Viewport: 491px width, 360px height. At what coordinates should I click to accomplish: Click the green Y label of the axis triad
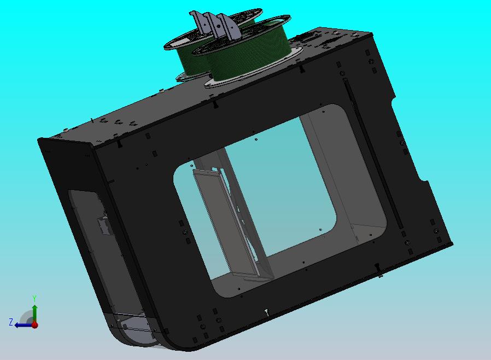coord(34,298)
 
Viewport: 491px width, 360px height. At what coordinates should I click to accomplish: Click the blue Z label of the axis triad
coord(11,322)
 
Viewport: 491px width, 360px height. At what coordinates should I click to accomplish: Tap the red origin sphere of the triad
coord(34,324)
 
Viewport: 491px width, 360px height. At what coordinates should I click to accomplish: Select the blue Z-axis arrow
coord(22,324)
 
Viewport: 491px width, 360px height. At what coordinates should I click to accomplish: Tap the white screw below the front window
coord(266,312)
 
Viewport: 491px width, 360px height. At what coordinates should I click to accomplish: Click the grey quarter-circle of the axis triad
coord(26,317)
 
